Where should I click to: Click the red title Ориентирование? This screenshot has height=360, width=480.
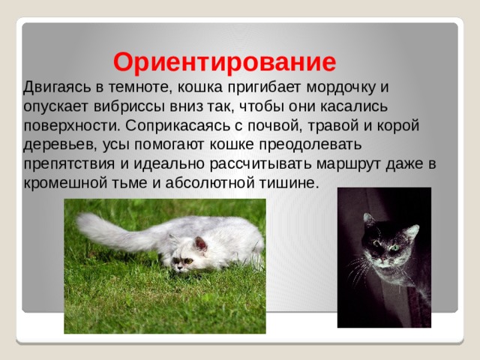click(x=225, y=63)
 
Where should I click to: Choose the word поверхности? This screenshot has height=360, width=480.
click(x=71, y=126)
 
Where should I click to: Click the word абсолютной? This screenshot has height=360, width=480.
click(x=210, y=183)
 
